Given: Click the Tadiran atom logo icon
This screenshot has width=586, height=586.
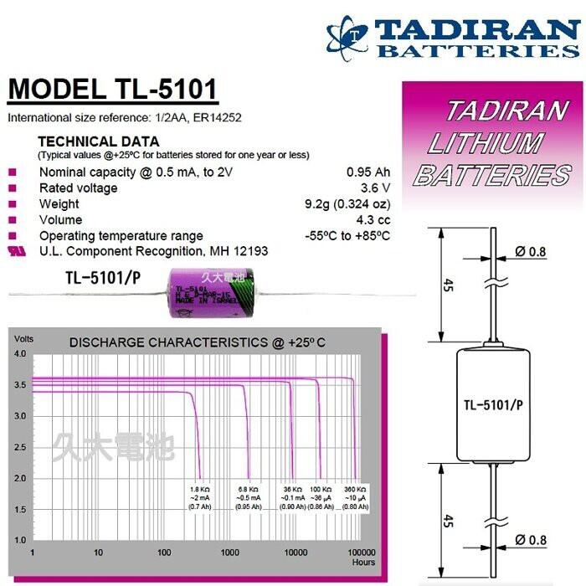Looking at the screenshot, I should click(x=347, y=38).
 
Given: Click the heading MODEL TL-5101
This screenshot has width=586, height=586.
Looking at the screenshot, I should click(x=113, y=90).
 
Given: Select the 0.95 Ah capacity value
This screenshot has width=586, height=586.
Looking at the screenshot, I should click(x=368, y=172).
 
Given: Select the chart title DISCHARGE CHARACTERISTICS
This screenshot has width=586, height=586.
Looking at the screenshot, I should click(x=197, y=343).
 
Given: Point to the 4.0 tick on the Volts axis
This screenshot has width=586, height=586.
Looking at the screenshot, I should click(x=20, y=354).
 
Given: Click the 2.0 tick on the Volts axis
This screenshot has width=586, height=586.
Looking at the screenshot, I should click(x=20, y=478).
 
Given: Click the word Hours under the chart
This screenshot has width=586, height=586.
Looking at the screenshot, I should click(x=363, y=562).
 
